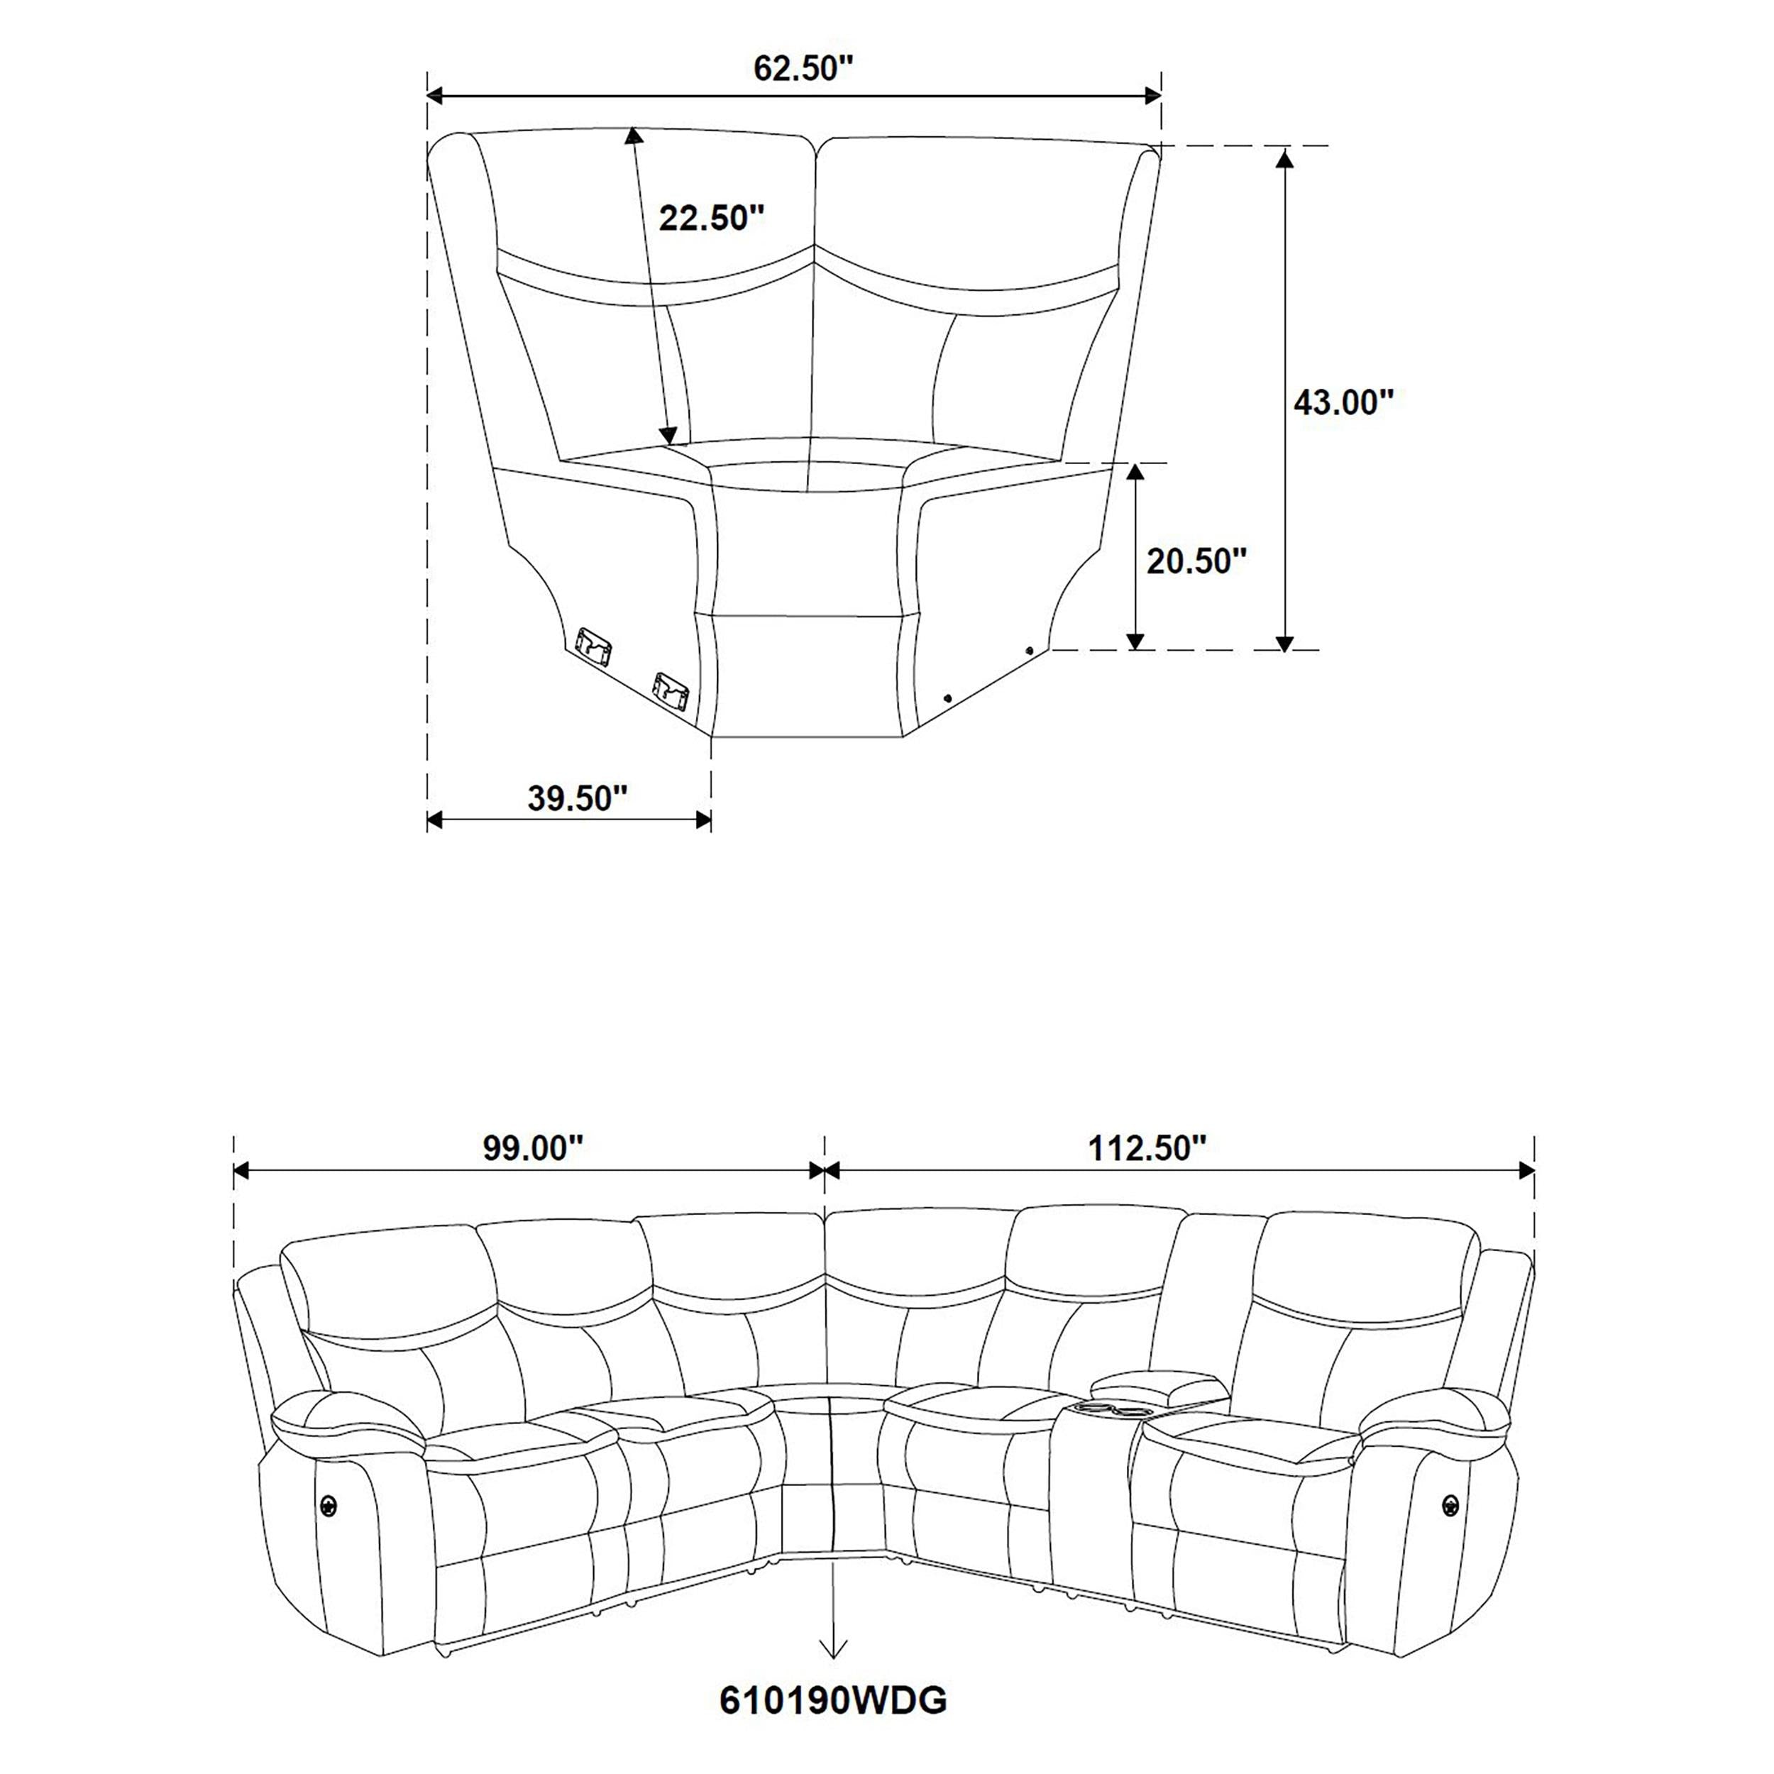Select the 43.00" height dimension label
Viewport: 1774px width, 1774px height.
[1343, 402]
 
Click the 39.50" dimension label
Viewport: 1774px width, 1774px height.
[577, 798]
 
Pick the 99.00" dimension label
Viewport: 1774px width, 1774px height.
[534, 1147]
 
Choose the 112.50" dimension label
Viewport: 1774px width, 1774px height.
[1147, 1147]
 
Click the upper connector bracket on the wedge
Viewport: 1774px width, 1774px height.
[593, 644]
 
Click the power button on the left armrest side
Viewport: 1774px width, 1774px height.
[328, 1503]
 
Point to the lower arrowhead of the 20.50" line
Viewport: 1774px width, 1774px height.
[1136, 640]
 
